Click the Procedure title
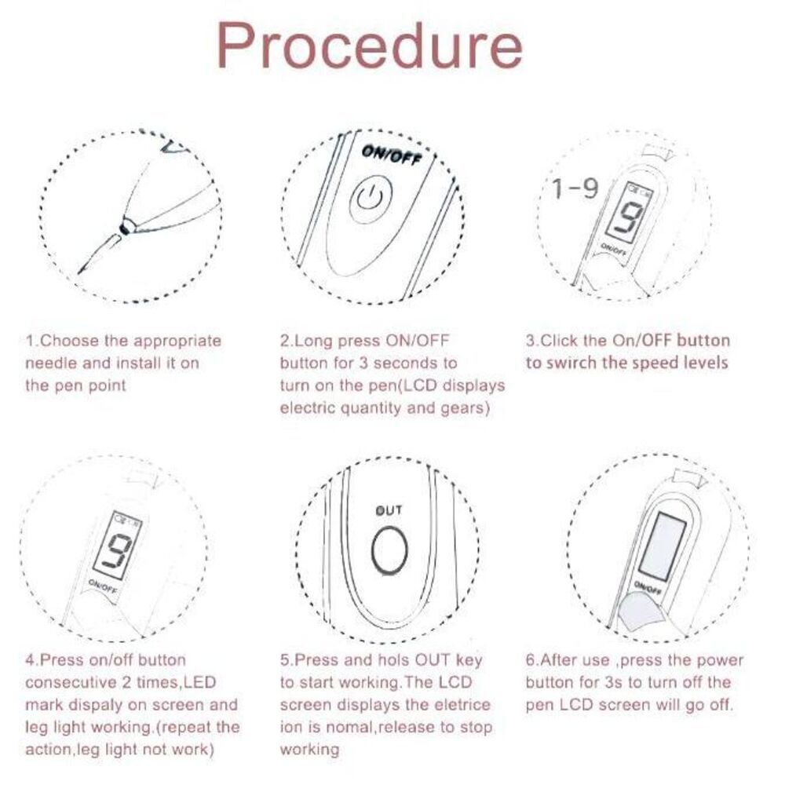370,46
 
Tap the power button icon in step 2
371,199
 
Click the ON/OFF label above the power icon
392,155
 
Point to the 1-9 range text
575,188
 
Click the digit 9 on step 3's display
626,219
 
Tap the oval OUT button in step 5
389,549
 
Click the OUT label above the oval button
389,511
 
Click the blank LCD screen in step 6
663,546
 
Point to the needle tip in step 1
79,272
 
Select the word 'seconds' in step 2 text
407,363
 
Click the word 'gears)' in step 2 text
465,409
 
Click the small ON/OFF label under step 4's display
103,586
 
